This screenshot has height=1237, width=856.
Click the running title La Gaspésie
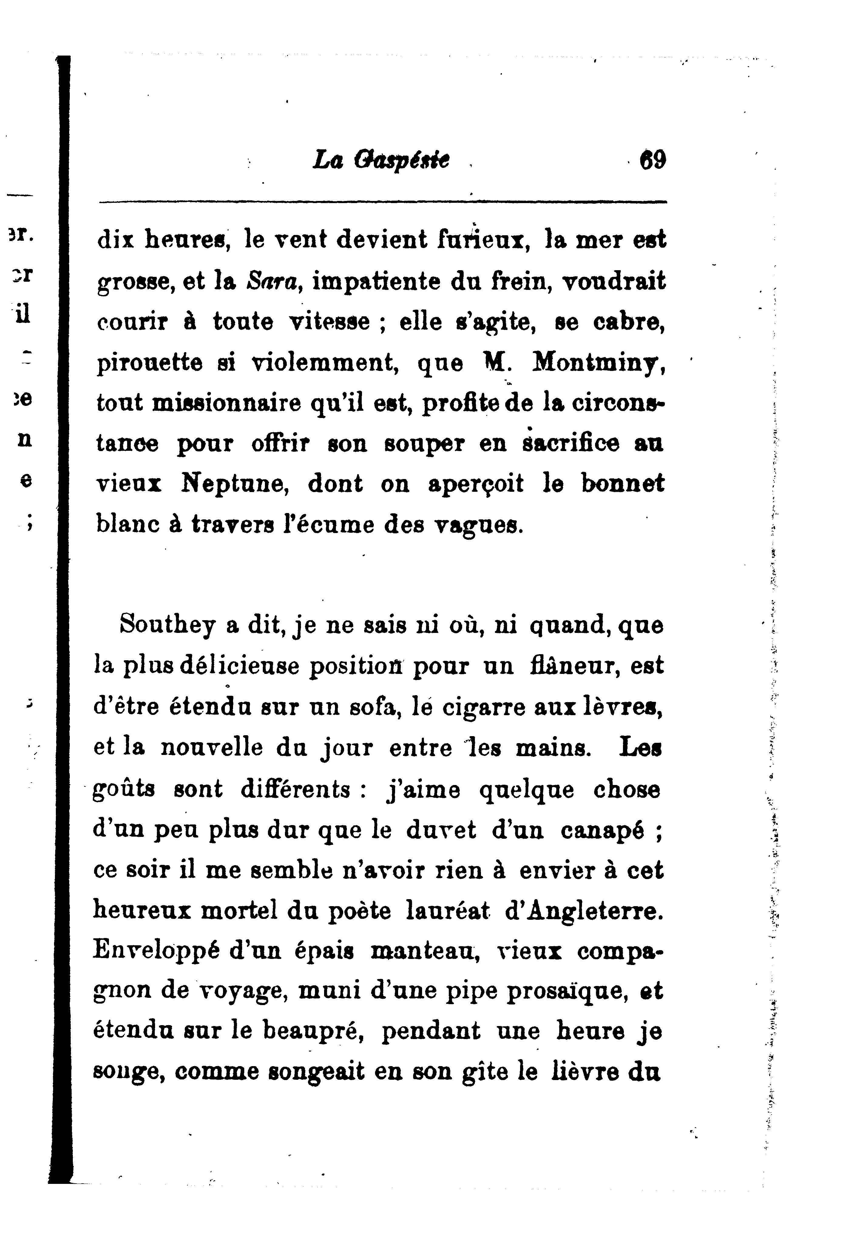(x=381, y=160)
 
